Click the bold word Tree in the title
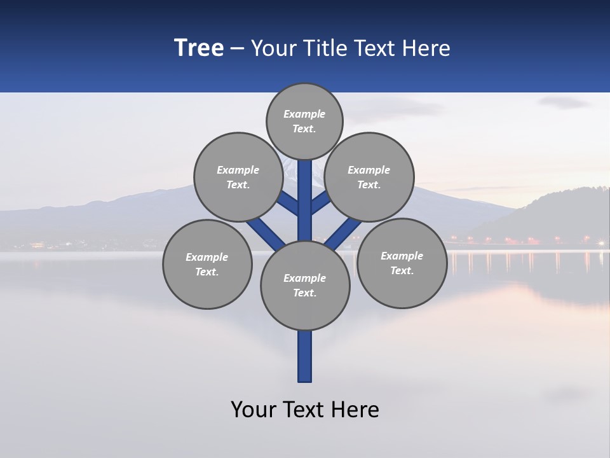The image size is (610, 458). (x=199, y=48)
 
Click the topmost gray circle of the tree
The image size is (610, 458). (x=304, y=121)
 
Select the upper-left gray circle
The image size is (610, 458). (x=238, y=177)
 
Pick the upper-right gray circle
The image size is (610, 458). (x=369, y=177)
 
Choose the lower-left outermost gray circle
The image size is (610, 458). (x=207, y=264)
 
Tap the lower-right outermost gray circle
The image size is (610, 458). (x=402, y=263)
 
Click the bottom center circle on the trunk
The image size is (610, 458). (x=305, y=285)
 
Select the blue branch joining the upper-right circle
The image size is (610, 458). (x=320, y=204)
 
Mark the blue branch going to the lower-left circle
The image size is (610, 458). (x=266, y=233)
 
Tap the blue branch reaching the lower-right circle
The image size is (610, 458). (x=343, y=233)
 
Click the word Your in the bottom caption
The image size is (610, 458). (x=253, y=410)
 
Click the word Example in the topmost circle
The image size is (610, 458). (x=304, y=114)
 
